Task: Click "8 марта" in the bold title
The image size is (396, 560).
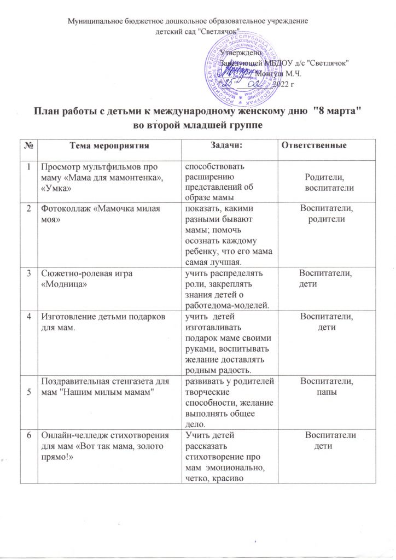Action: (335, 112)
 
